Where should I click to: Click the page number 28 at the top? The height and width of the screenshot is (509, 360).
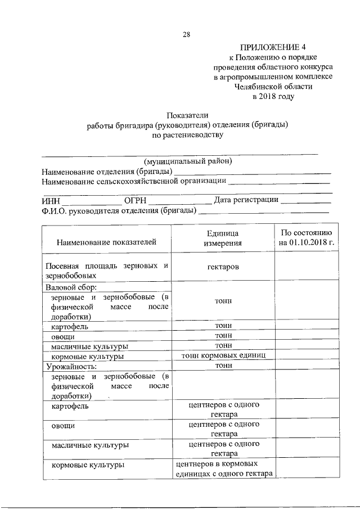coord(186,35)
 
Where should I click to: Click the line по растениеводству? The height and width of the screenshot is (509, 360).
coord(188,135)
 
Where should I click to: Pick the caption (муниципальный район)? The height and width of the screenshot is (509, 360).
coord(188,161)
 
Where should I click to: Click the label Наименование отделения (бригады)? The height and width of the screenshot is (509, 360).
coord(107,171)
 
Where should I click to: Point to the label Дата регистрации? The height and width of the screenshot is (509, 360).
coord(245,200)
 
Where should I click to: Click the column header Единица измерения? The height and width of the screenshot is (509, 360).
coord(223,238)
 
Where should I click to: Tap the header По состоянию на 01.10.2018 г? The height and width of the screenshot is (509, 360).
coord(306,238)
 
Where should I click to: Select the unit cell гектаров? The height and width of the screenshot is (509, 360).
coord(223,266)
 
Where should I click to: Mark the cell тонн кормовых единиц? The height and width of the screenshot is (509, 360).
coord(223,356)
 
